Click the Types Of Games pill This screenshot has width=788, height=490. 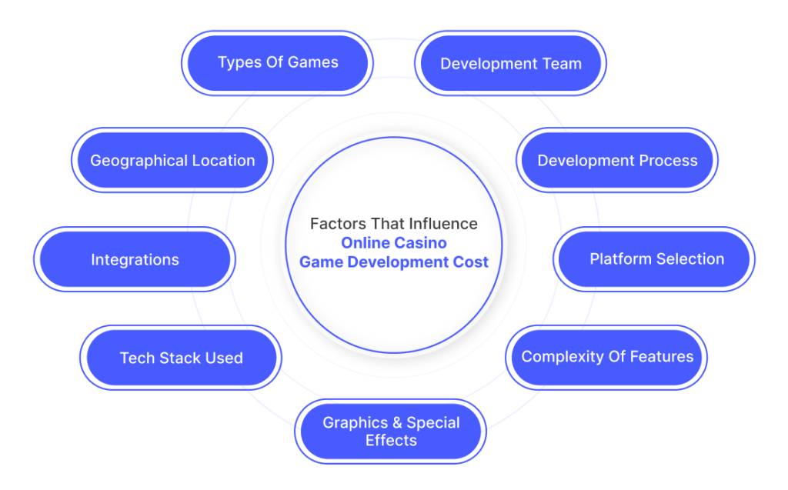pyautogui.click(x=277, y=63)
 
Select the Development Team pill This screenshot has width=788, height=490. pyautogui.click(x=511, y=63)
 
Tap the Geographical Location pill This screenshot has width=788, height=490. pyautogui.click(x=172, y=160)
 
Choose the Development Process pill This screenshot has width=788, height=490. pyautogui.click(x=617, y=160)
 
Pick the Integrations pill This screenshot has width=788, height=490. pyautogui.click(x=135, y=258)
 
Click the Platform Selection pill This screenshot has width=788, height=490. pyautogui.click(x=654, y=258)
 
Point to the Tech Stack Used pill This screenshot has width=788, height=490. pyautogui.click(x=181, y=358)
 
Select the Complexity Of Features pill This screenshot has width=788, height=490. pyautogui.click(x=606, y=358)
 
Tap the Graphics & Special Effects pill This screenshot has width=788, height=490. pyautogui.click(x=390, y=432)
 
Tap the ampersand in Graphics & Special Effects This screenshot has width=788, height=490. pyautogui.click(x=397, y=422)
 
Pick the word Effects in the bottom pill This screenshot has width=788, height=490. pyautogui.click(x=391, y=440)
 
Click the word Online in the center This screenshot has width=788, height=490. pyautogui.click(x=362, y=243)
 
